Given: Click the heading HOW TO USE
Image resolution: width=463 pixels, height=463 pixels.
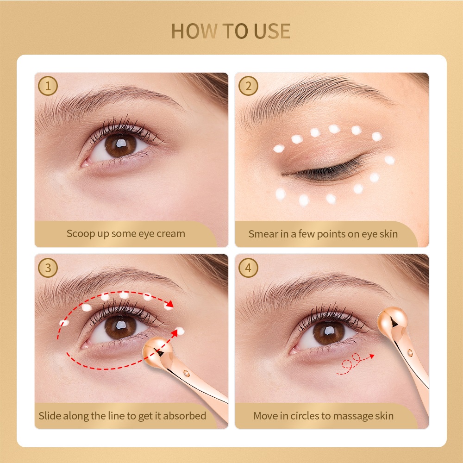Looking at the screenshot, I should tap(231, 31).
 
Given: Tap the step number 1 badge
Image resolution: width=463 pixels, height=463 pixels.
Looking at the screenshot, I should tap(48, 86).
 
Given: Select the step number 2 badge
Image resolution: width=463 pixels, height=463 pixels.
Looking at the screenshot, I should tap(249, 86).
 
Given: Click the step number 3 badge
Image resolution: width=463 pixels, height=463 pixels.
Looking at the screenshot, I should tap(48, 268).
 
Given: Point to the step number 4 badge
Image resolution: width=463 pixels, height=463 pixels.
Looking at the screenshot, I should tap(249, 268).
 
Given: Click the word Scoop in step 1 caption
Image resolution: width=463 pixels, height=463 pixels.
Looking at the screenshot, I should tap(80, 233).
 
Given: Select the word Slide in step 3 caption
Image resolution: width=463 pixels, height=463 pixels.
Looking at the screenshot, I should tap(50, 415).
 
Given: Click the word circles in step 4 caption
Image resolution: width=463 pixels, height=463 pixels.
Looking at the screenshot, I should tap(306, 415).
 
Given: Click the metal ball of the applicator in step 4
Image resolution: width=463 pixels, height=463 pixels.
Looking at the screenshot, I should tap(393, 320).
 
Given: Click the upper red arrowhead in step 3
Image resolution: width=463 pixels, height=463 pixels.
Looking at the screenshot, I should tap(170, 305).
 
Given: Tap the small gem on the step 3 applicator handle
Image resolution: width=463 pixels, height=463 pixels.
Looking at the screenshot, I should tap(186, 372).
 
